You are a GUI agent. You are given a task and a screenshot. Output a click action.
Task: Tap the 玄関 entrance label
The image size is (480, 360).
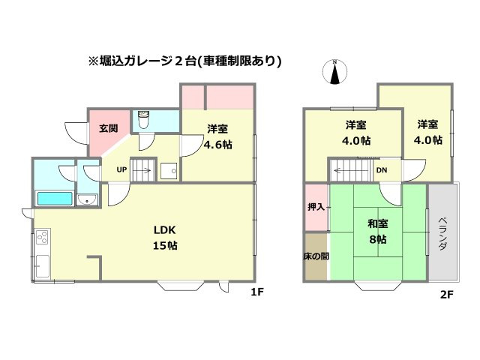tap(108, 128)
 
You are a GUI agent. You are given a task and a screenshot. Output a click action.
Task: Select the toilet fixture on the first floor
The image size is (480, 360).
tap(144, 120)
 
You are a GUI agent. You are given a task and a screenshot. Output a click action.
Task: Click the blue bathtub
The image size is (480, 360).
tap(55, 199)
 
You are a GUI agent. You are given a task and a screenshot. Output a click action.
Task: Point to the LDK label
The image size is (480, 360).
tap(165, 230)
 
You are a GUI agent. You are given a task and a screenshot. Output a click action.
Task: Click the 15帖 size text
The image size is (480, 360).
tap(166, 245)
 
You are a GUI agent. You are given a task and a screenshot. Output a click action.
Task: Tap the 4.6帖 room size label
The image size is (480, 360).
tap(217, 144)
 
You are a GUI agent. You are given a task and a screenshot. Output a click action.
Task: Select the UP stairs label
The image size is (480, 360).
tap(121, 169)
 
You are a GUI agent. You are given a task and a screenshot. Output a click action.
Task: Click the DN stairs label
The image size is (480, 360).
tap(382, 170)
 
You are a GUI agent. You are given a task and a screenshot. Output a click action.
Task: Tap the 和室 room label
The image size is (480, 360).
tap(377, 223)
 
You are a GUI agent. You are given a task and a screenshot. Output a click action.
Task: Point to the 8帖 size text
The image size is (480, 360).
tap(377, 239)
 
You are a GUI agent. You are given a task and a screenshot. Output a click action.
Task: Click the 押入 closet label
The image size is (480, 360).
tap(315, 206)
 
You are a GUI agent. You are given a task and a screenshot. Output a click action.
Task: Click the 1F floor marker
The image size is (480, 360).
tap(256, 293)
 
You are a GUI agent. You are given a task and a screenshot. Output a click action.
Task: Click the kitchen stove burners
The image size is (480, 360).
tap(41, 239)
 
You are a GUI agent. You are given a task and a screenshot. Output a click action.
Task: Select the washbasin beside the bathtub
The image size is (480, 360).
tap(88, 199)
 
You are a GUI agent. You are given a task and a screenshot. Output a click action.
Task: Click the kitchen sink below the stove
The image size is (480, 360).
tap(41, 265)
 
